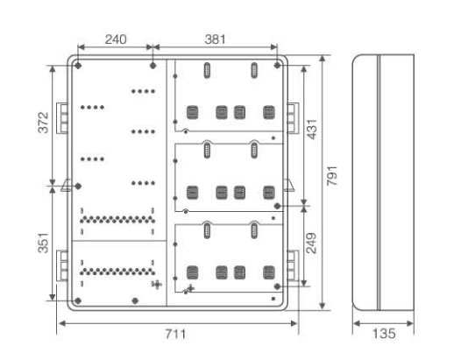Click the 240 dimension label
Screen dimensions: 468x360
[116, 39]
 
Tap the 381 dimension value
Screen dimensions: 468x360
[215, 39]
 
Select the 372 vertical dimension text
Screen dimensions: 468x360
[44, 123]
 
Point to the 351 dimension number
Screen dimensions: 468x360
[44, 243]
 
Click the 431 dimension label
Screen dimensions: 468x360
[312, 129]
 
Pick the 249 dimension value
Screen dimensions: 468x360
[312, 244]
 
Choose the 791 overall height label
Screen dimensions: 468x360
[332, 176]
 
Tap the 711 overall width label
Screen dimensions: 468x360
[175, 334]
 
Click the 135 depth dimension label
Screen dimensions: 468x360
[384, 334]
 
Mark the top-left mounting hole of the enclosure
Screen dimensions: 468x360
[78, 66]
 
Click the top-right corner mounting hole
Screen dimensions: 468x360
[277, 65]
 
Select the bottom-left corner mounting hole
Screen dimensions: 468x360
[78, 300]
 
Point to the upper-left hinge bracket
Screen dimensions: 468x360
[62, 118]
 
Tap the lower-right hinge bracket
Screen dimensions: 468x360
[293, 265]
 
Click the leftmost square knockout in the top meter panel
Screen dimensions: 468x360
[192, 112]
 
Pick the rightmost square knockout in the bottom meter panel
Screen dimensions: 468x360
[269, 272]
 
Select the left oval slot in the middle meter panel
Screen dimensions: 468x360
[207, 150]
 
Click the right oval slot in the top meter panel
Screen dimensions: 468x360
[254, 70]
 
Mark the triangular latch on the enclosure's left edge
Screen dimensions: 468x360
[66, 185]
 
